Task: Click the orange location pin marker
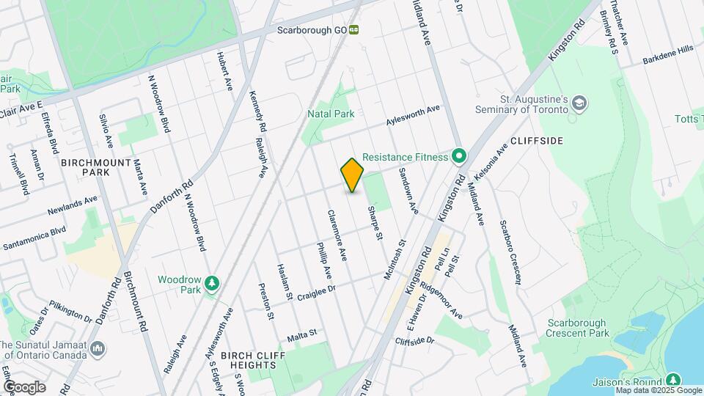coord(353,175)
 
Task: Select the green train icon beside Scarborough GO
coord(354,30)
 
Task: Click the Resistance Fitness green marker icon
coord(459,156)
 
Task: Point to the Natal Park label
coord(331,114)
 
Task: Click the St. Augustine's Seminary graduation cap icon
coord(580,103)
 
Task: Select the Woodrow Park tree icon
coord(211,282)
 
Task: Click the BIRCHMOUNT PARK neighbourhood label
coord(96,167)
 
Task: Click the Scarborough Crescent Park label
coord(577,328)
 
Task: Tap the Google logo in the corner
coord(23,387)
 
